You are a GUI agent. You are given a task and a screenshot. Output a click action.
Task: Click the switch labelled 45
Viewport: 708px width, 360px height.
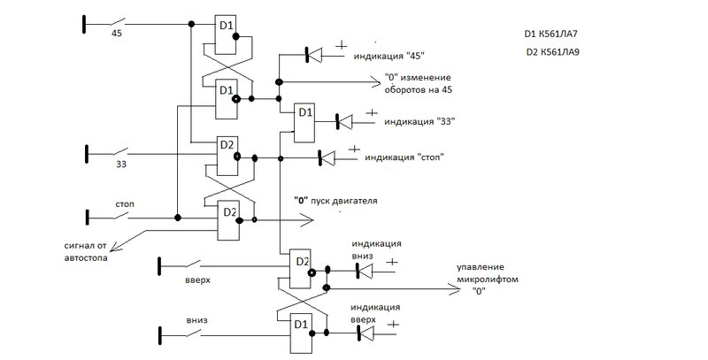[117, 22]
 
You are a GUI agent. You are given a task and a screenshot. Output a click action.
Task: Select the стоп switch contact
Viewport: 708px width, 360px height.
[120, 216]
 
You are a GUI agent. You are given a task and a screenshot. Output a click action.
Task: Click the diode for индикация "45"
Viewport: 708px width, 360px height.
[314, 55]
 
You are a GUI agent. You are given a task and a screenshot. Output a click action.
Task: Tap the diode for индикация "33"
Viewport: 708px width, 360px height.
[344, 122]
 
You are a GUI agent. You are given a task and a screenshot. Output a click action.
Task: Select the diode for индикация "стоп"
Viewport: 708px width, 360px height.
[327, 157]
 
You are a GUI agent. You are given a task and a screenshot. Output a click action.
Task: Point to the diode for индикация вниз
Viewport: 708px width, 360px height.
[365, 271]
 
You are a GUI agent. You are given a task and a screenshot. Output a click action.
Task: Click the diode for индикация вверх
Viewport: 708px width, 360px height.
[365, 333]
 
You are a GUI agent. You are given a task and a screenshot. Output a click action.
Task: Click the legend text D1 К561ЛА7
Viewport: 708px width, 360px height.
[550, 34]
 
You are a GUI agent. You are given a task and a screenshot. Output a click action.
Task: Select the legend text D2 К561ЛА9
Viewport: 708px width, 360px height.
[552, 52]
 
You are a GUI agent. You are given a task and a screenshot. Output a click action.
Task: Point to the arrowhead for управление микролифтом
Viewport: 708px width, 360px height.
[454, 288]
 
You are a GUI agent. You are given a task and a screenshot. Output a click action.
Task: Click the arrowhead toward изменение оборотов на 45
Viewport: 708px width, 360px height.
[374, 81]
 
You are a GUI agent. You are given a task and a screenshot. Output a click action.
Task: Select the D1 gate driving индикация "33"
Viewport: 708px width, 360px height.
[304, 123]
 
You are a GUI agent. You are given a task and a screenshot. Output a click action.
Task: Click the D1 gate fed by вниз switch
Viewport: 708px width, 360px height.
[300, 333]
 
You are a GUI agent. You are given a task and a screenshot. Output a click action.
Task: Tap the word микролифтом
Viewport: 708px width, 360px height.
[488, 280]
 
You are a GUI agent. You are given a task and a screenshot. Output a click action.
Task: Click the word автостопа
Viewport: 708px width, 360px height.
[86, 258]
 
